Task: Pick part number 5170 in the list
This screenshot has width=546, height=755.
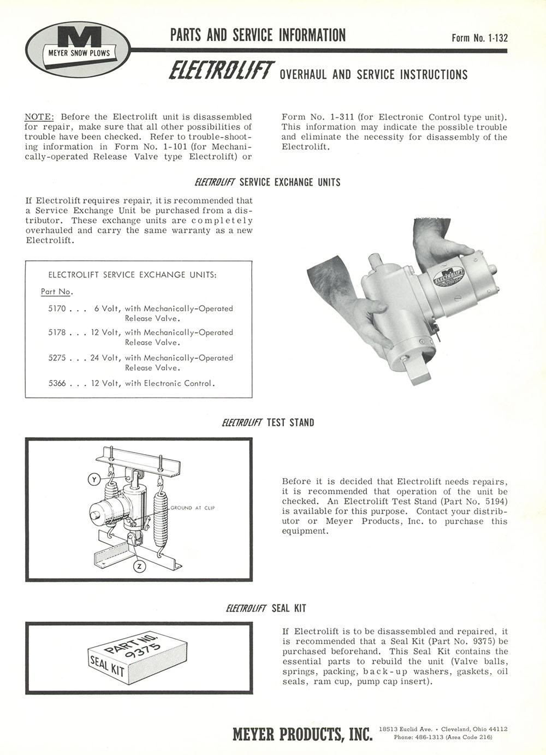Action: click(x=57, y=308)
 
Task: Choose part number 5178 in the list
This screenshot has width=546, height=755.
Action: click(x=57, y=332)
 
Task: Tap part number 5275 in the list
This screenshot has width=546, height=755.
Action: click(x=57, y=358)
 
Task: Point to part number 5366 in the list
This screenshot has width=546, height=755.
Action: click(x=57, y=383)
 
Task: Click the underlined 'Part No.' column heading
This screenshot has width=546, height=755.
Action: click(x=57, y=292)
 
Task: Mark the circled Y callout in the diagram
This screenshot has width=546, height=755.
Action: click(x=94, y=479)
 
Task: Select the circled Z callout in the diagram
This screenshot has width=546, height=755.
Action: click(x=140, y=567)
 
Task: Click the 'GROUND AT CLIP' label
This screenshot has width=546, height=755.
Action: click(x=193, y=508)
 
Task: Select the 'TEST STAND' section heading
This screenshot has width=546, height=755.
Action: click(x=290, y=423)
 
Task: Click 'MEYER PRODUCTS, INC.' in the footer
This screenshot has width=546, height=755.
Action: click(x=302, y=734)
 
